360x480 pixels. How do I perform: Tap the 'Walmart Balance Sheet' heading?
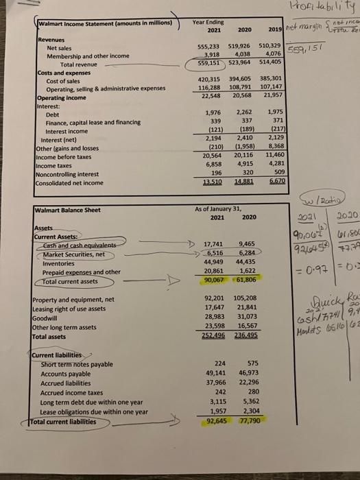[69, 190]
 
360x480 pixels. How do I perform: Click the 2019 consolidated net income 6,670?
[278, 163]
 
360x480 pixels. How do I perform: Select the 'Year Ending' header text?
[206, 21]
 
